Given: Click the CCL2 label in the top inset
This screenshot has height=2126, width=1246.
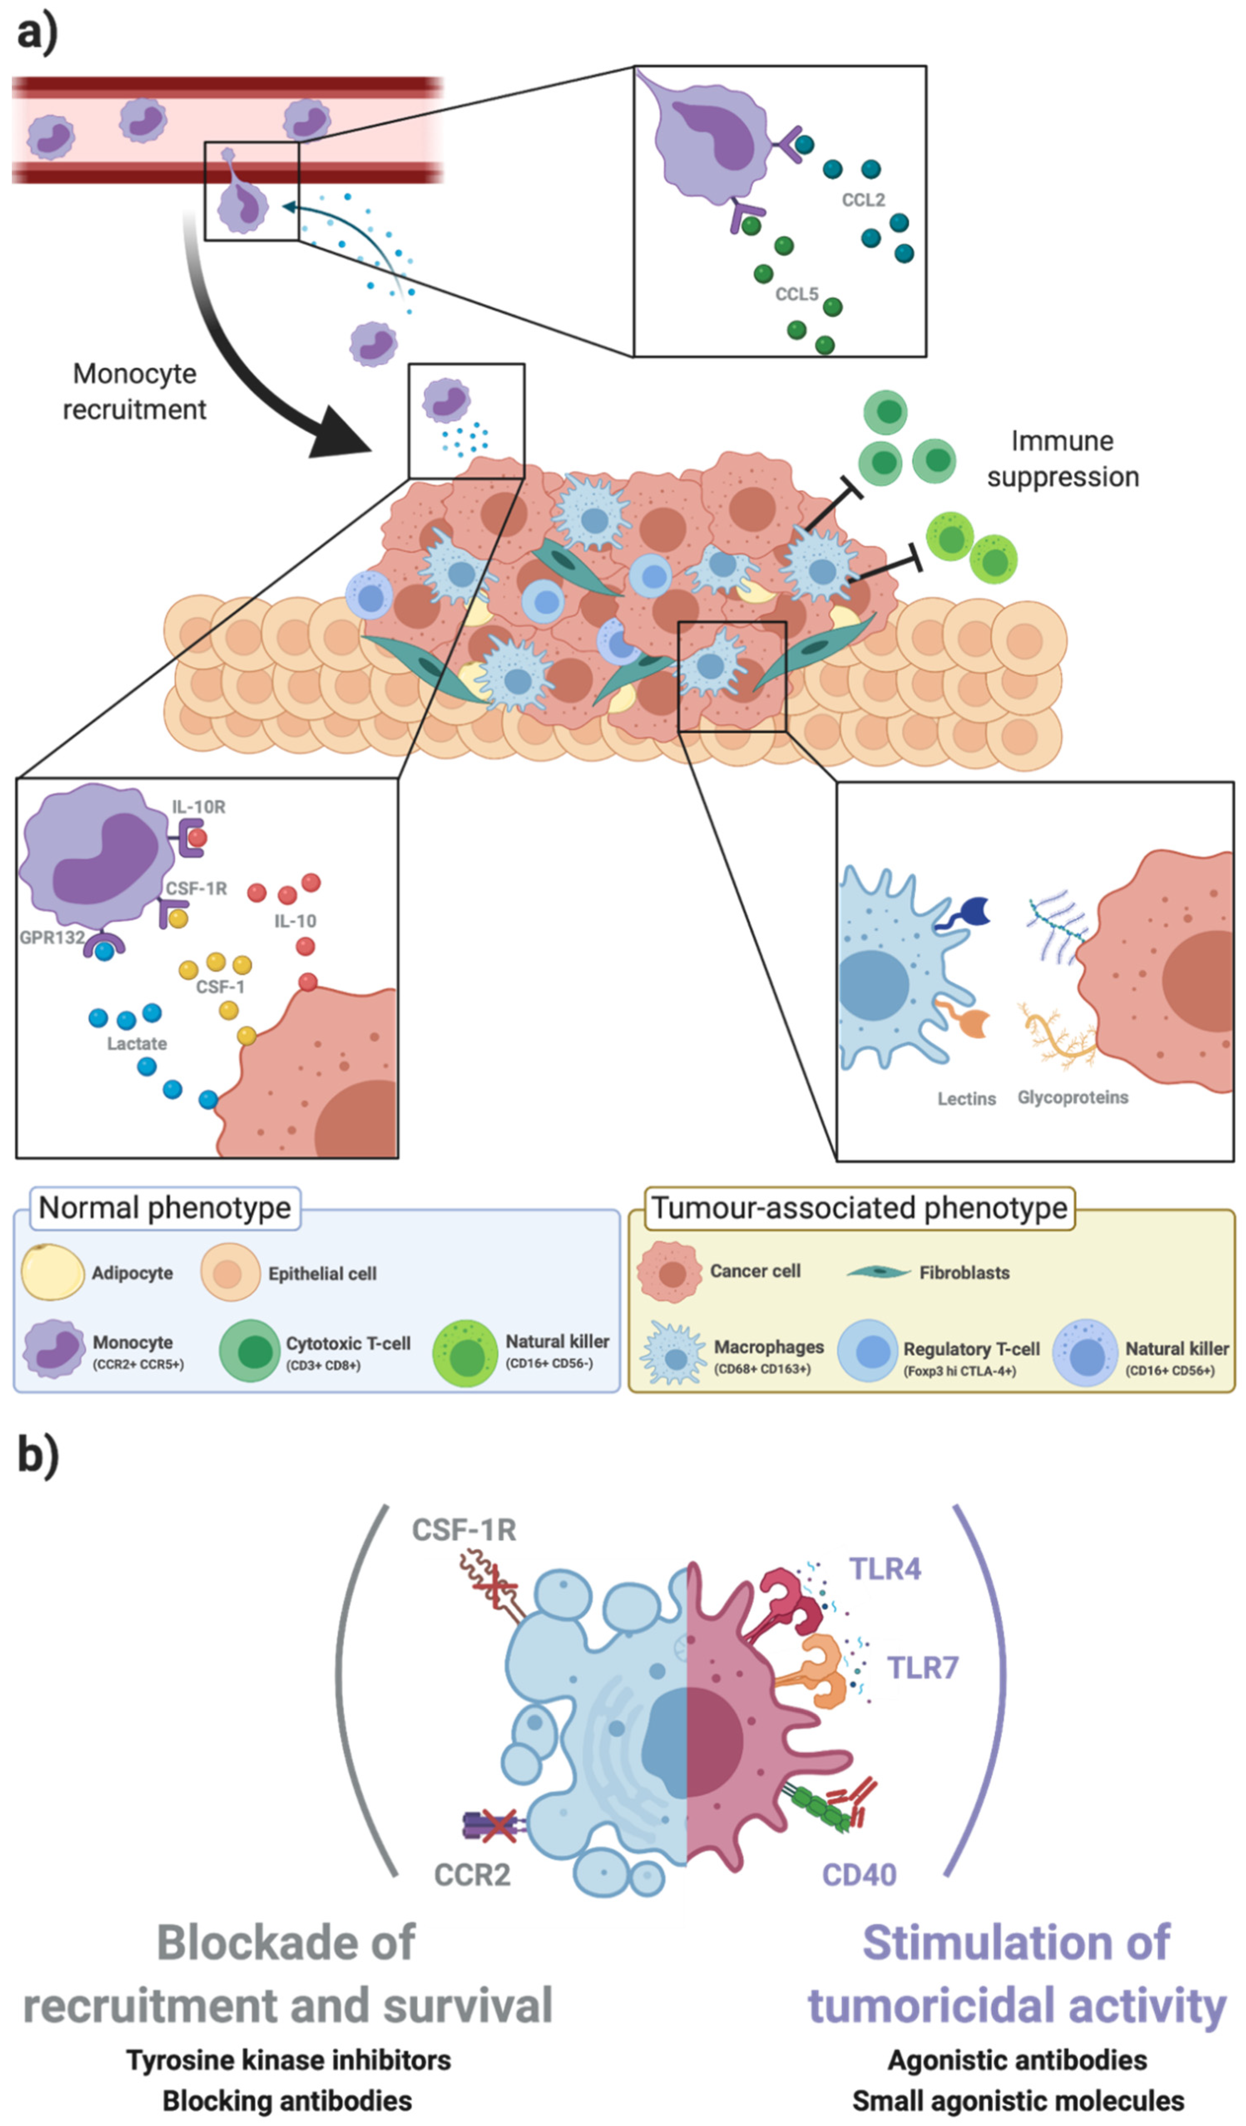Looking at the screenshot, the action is pyautogui.click(x=863, y=200).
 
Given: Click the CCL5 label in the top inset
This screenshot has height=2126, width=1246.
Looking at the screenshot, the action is pyautogui.click(x=796, y=294).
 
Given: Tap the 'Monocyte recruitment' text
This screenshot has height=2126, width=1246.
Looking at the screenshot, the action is pyautogui.click(x=135, y=391).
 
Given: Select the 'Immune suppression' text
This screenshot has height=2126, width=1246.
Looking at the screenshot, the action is pyautogui.click(x=1063, y=459).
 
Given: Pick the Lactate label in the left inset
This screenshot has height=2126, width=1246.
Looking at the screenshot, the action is pyautogui.click(x=137, y=1044).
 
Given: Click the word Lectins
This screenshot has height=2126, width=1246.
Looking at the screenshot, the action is pyautogui.click(x=967, y=1099).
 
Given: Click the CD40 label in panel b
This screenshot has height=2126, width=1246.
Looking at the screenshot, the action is pyautogui.click(x=859, y=1874).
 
